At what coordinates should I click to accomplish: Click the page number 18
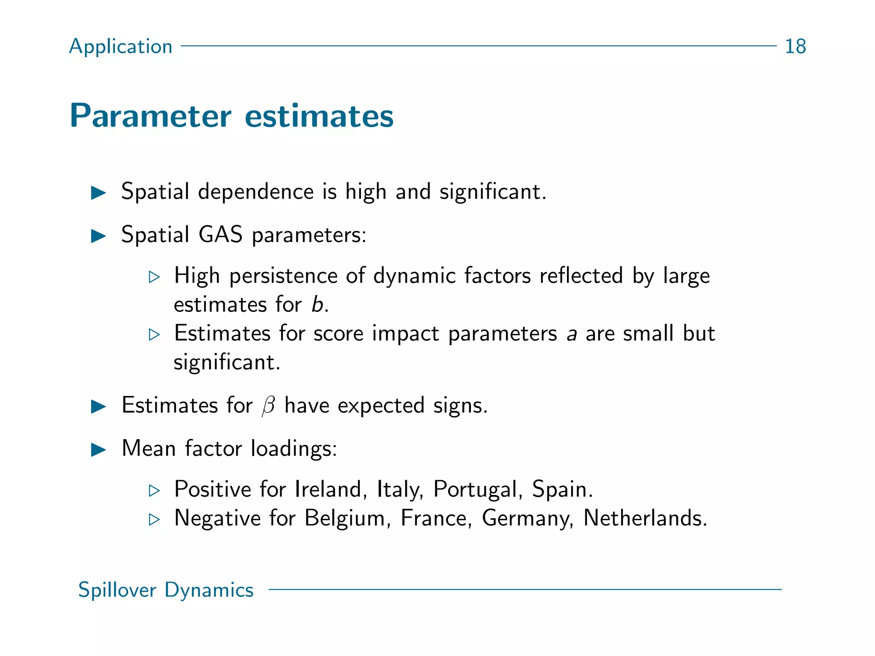pos(795,46)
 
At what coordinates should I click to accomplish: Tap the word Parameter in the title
pos(150,116)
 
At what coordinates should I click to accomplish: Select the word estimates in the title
pos(319,116)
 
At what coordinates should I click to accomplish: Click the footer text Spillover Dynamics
pos(166,590)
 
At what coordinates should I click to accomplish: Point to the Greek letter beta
pos(268,406)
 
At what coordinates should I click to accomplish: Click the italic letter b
pos(317,305)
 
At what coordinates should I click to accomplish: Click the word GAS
pos(220,234)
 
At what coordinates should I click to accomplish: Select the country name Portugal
pos(478,490)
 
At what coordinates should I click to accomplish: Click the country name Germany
pos(528,519)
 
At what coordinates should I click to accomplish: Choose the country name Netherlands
pos(645,518)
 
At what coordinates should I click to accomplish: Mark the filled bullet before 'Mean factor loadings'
pos(99,449)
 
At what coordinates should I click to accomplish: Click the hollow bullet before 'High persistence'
pos(154,277)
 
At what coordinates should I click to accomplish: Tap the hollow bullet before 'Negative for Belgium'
pos(154,519)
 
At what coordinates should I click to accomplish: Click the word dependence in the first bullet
pos(255,192)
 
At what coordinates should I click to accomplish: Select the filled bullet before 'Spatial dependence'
pos(99,193)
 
